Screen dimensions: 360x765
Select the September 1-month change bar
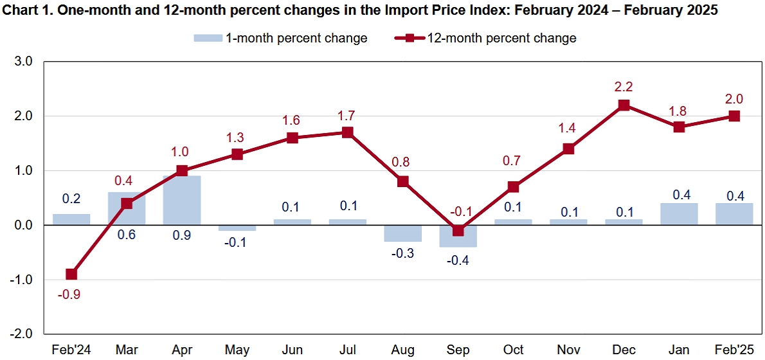click(x=458, y=236)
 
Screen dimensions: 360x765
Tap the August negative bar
click(x=403, y=233)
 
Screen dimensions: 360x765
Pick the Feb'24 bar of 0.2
click(x=71, y=220)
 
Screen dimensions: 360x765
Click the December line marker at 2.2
click(x=624, y=105)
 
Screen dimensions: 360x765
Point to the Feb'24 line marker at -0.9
click(x=71, y=274)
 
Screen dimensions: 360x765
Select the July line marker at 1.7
click(x=348, y=132)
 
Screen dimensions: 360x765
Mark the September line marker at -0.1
click(x=458, y=231)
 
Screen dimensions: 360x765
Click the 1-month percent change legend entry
click(x=280, y=38)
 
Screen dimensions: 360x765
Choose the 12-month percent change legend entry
click(x=486, y=38)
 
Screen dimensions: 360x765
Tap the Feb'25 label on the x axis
click(x=733, y=350)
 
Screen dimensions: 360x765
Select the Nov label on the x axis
click(x=568, y=350)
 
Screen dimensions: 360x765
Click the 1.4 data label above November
click(x=568, y=129)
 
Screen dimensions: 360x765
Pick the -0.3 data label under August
click(x=403, y=253)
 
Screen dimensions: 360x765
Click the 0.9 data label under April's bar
click(x=182, y=236)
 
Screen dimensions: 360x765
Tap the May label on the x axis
click(x=237, y=350)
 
